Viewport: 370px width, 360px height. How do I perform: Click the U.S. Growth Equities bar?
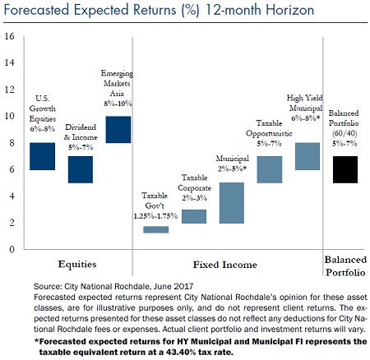tap(42, 156)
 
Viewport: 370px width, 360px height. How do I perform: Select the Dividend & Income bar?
tap(81, 169)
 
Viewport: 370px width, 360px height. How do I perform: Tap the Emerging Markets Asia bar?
tap(118, 130)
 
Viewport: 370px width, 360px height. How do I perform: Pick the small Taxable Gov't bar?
tap(156, 229)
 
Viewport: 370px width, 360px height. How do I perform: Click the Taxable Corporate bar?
tap(194, 216)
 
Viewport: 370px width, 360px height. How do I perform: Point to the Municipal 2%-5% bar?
tap(232, 203)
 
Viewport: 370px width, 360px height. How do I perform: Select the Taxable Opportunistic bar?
tap(270, 169)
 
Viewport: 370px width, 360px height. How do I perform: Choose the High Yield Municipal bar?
tap(308, 156)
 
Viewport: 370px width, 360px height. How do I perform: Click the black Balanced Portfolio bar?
tap(345, 169)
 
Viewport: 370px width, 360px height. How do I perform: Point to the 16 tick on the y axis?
tap(9, 36)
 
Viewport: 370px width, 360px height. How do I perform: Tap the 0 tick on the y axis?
tap(12, 249)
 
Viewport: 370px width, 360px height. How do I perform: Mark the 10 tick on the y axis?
tap(9, 116)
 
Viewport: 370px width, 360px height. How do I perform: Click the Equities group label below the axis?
tap(77, 265)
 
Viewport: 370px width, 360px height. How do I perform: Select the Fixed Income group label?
tap(225, 265)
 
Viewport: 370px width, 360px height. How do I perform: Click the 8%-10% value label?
tap(118, 104)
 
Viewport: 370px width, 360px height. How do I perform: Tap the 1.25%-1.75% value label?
tap(155, 216)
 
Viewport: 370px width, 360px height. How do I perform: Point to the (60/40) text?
tap(345, 133)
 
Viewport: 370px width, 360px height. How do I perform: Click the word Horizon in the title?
tap(290, 10)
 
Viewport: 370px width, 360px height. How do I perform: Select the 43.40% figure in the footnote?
tap(181, 352)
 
